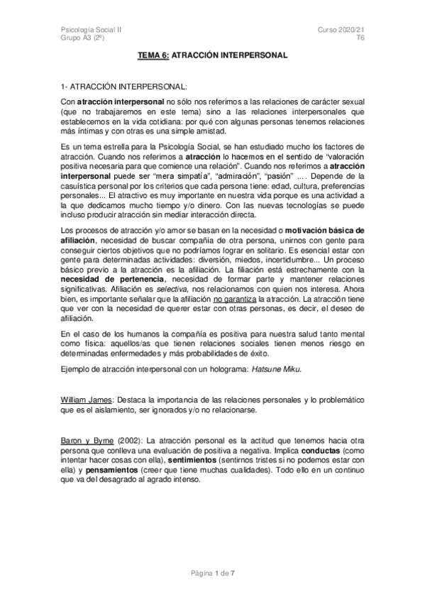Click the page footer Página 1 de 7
(x=212, y=572)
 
